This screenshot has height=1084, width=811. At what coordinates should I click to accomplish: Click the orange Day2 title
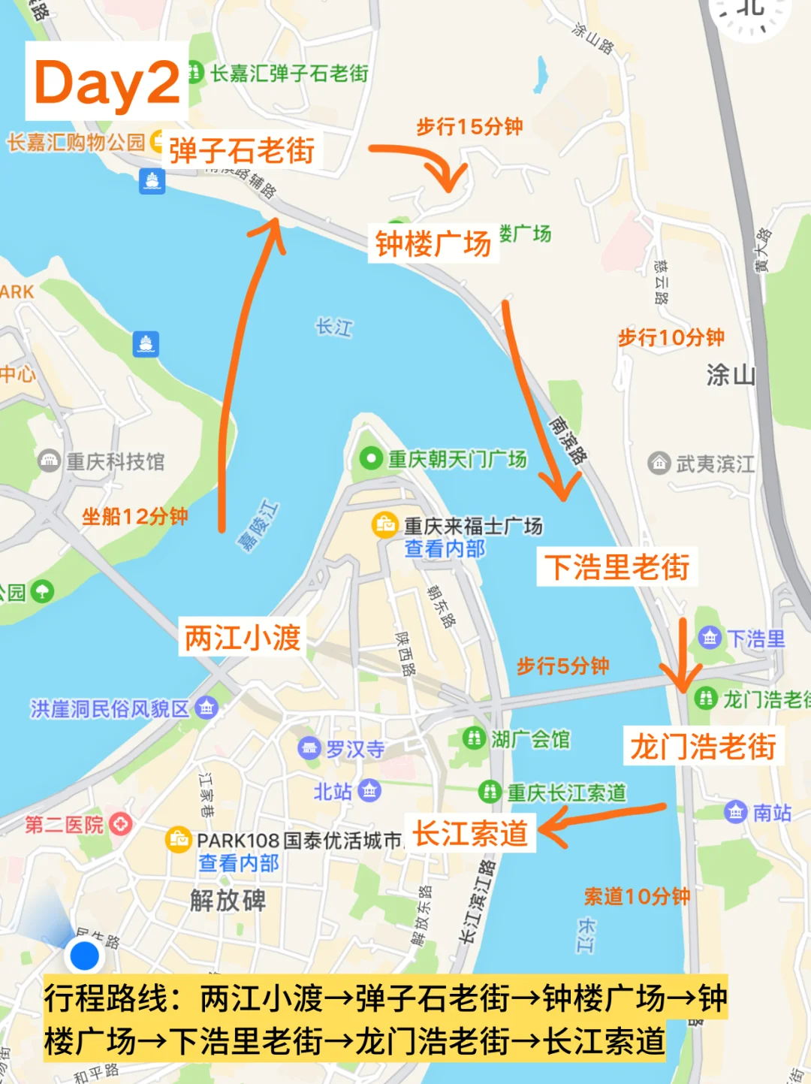click(107, 82)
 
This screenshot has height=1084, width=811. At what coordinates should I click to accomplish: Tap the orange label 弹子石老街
click(241, 151)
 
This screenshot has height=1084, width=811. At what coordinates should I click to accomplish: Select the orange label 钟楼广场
click(433, 243)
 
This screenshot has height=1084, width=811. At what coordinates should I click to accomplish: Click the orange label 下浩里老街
click(617, 566)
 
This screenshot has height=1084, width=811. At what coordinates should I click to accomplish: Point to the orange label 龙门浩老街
click(703, 746)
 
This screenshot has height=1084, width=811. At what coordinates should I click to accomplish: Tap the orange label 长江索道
click(470, 833)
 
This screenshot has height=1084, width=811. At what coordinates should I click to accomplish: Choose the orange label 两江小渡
click(243, 638)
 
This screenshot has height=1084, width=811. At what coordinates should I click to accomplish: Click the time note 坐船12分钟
click(135, 516)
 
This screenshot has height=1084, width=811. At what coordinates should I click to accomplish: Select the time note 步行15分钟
click(469, 126)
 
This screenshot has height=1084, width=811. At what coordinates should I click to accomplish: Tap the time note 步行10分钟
click(671, 337)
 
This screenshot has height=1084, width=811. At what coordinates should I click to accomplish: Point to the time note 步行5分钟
click(562, 666)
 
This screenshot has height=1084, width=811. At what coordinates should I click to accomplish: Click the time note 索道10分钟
click(637, 896)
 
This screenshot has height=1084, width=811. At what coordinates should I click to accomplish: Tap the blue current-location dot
click(83, 956)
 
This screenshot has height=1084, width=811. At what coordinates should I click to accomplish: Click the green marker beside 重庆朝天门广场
click(370, 458)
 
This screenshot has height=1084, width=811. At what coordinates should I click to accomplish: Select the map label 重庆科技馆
click(115, 461)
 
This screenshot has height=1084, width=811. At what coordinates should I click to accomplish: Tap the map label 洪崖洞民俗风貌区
click(110, 708)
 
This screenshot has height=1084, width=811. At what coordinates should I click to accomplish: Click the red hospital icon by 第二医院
click(120, 824)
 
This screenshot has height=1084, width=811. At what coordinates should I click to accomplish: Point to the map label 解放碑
click(228, 899)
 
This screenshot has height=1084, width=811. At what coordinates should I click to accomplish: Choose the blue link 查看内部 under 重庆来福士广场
click(445, 548)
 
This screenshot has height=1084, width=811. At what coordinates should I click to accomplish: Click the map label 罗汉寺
click(355, 749)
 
